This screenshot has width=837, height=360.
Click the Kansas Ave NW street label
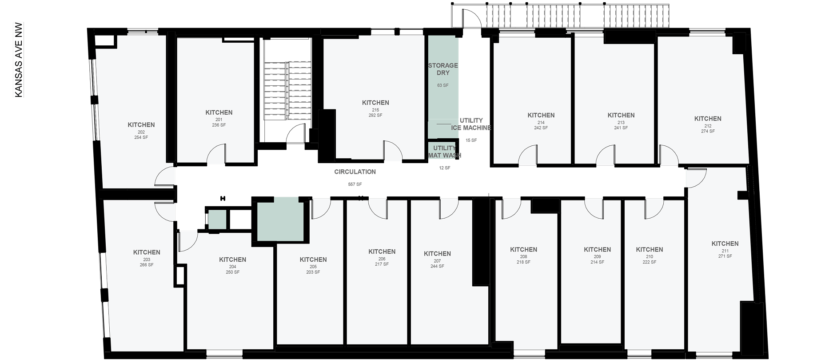click(x=19, y=60)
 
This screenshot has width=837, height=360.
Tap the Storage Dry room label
click(x=443, y=69)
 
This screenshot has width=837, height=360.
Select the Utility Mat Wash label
click(x=444, y=152)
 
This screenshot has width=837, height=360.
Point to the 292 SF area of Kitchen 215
click(x=375, y=116)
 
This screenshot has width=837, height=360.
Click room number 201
click(x=219, y=120)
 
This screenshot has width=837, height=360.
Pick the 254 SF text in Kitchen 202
click(x=141, y=138)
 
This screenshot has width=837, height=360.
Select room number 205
click(x=313, y=267)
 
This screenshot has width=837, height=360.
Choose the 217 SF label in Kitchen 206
click(x=382, y=264)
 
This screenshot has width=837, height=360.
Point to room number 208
click(x=523, y=256)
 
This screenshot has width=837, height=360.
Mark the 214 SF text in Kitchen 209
click(x=597, y=262)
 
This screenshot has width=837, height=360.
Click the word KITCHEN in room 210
click(x=649, y=250)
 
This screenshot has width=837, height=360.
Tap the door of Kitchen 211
click(x=696, y=178)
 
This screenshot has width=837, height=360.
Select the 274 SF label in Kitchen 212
click(x=708, y=132)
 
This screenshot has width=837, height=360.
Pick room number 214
click(x=541, y=123)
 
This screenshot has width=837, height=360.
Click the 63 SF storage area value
click(x=442, y=85)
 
